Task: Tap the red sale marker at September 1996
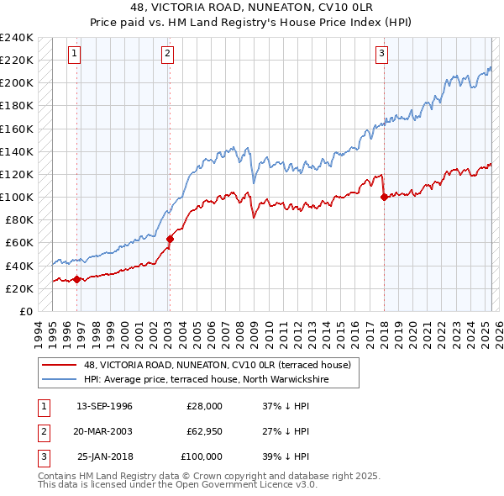[x=77, y=279]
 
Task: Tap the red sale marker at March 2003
[x=170, y=239]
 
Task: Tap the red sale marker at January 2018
[x=384, y=198]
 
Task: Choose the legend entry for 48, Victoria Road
[x=222, y=365]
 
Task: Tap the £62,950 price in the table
[x=204, y=431]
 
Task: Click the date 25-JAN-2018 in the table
[x=104, y=456]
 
